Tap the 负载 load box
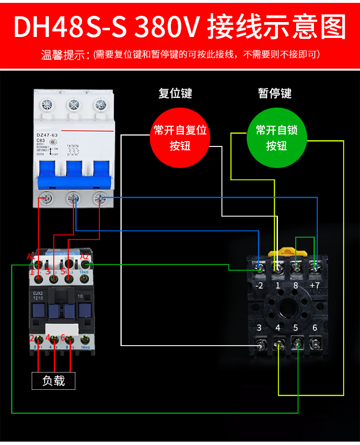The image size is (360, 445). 54,381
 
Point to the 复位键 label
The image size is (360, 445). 175,93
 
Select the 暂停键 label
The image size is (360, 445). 275,93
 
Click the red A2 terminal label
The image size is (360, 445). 84,257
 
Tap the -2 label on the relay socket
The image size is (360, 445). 259,285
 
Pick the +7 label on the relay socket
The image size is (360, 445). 315,285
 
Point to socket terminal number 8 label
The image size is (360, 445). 296,285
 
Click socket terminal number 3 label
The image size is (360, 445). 259,328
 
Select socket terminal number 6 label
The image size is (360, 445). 315,328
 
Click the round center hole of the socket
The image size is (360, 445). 287,307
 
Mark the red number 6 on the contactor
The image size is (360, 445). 63,337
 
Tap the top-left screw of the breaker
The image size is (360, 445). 47,104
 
